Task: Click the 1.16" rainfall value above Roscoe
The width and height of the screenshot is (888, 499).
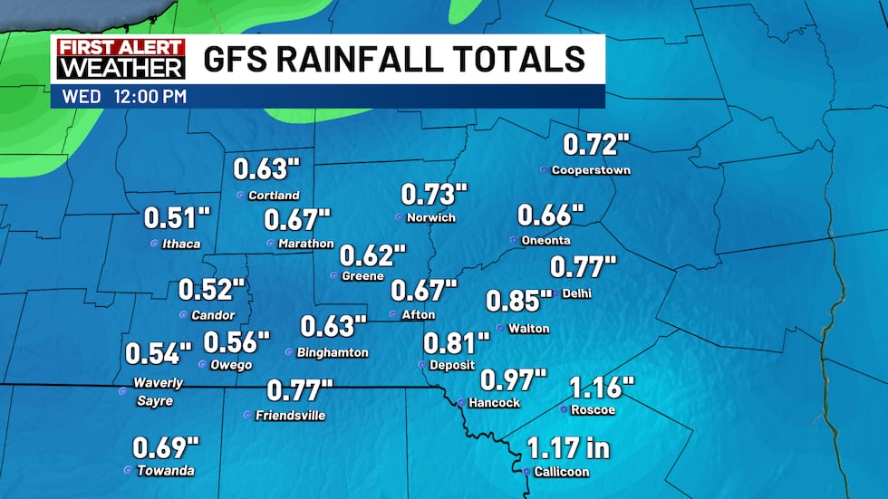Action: tap(601, 389)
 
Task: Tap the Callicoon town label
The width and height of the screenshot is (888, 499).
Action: tap(562, 472)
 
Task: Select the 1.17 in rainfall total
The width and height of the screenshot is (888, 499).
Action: tap(567, 448)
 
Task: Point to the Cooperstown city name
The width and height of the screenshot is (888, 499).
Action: tap(591, 170)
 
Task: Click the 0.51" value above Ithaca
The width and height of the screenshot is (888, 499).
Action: tap(177, 219)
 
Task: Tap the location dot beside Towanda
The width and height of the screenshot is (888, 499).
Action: tap(127, 470)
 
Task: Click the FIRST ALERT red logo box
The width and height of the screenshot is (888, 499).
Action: tap(121, 48)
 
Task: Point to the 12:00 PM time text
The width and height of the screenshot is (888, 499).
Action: tap(150, 96)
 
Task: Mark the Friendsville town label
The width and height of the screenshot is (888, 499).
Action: tap(291, 416)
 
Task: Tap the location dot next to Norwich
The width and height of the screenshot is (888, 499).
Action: tap(399, 217)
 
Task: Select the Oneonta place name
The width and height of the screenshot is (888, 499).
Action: tap(546, 240)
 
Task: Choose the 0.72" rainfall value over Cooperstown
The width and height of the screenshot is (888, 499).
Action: tap(595, 145)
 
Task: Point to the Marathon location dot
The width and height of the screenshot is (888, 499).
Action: tap(270, 244)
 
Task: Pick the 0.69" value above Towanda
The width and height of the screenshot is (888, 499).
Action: tap(166, 447)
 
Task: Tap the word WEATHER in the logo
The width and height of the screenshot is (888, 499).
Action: tap(121, 69)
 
